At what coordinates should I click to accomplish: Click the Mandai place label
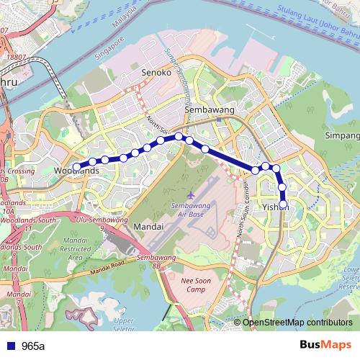point(149,226)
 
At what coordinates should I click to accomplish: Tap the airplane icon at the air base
point(189,195)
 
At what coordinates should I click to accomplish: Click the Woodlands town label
point(76,171)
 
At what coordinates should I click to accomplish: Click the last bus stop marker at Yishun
point(283,204)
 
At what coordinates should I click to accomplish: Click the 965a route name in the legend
point(33,346)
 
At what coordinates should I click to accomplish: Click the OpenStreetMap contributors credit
point(297,322)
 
